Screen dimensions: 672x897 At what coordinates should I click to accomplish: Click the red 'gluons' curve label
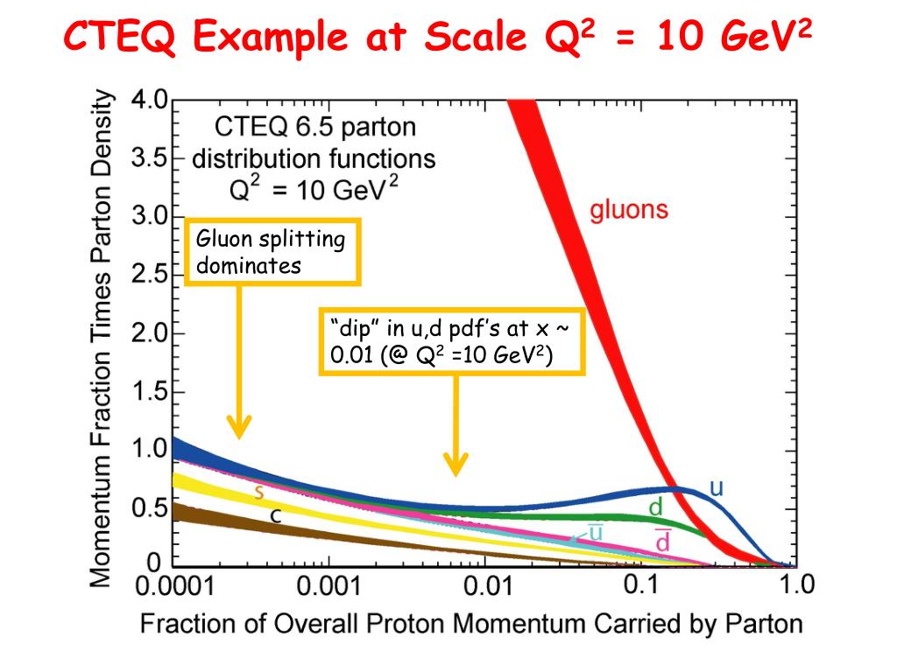click(x=629, y=210)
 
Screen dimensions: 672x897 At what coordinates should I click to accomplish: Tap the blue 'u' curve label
click(x=717, y=488)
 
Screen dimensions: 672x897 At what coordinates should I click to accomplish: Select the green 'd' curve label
click(x=655, y=507)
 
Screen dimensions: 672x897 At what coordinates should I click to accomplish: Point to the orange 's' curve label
click(x=259, y=492)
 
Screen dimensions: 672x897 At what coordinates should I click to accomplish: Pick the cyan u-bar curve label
click(x=595, y=531)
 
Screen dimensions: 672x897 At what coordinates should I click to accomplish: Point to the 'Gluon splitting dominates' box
click(x=273, y=252)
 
